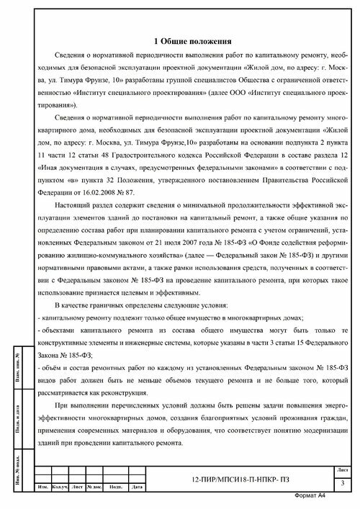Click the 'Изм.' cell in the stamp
(42, 488)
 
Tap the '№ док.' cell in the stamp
(93, 488)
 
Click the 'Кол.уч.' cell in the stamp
(60, 488)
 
